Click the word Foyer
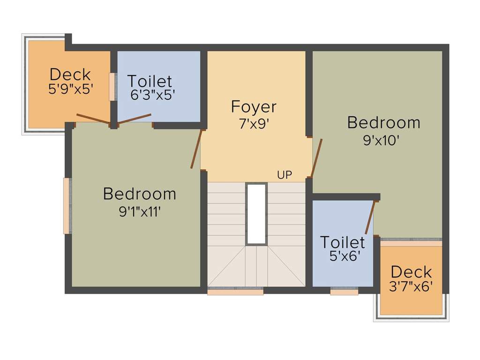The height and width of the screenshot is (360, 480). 254,107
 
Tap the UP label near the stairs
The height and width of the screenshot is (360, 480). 284,175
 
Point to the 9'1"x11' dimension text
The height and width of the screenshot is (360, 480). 140,211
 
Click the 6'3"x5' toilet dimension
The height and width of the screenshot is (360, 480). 153,95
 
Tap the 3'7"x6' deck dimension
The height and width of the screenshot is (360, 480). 411,286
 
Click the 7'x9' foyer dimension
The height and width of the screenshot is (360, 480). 254,125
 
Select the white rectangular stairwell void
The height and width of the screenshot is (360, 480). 256,214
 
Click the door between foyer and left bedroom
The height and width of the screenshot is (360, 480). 196,149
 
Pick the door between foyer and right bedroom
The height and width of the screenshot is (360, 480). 317,158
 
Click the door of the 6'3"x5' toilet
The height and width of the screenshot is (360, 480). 134,119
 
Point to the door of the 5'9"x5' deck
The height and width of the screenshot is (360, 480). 93,119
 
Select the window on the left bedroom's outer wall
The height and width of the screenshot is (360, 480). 67,206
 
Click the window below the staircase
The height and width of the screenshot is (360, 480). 235,291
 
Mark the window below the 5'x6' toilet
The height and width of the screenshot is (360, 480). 344,292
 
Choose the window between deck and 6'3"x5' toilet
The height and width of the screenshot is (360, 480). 112,87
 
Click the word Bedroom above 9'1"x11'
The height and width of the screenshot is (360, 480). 140,194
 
